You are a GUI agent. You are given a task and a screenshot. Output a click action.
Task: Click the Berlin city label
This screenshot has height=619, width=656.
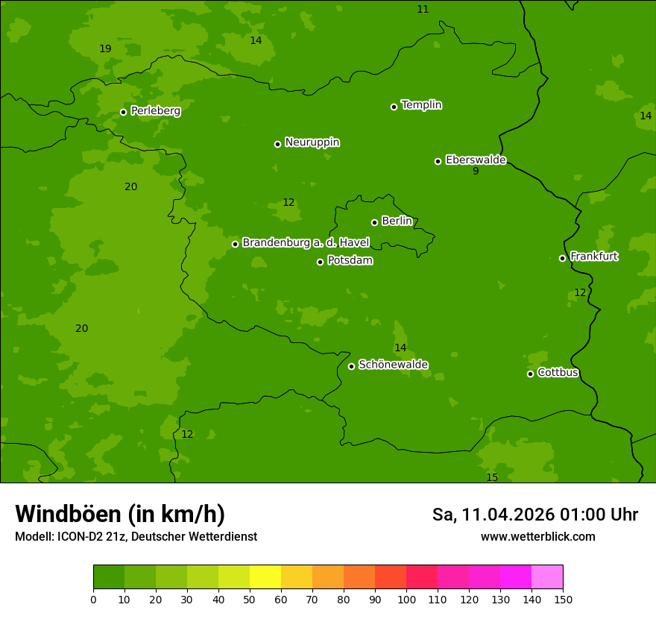[397, 221]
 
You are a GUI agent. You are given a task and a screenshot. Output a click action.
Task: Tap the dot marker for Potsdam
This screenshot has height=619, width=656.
[321, 262]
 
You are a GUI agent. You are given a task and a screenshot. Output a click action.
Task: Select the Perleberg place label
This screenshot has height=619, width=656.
[155, 111]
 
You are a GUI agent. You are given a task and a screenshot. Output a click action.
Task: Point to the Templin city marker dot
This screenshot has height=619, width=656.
[394, 107]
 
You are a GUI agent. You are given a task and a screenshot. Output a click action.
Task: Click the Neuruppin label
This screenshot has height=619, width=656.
[312, 142]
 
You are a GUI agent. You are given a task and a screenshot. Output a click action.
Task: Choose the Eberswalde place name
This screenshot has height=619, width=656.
[476, 160]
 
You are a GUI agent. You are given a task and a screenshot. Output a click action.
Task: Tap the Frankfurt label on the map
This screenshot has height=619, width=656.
[593, 257]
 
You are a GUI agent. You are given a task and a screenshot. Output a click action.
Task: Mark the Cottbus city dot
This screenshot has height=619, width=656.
[530, 374]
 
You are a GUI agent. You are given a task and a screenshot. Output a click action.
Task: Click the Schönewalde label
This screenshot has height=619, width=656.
[393, 365]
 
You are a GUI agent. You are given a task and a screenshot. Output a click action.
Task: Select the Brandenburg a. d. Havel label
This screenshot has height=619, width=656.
[306, 243]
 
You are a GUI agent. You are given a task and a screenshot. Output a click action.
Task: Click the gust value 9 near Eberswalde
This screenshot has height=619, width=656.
[476, 171]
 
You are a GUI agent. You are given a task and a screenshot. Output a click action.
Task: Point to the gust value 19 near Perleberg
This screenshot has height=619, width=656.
[105, 49]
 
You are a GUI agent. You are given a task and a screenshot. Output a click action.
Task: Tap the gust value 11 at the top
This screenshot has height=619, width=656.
[423, 10]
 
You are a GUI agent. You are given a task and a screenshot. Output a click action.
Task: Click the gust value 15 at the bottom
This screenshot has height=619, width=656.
[492, 477]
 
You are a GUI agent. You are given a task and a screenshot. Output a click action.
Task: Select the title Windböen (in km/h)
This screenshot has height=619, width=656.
[120, 514]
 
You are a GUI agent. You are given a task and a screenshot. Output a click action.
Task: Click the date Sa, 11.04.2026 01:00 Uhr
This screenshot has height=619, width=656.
[534, 515]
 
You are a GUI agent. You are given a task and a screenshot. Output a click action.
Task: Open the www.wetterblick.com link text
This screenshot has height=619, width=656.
[537, 536]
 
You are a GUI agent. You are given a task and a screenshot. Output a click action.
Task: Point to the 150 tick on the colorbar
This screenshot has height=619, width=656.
[563, 599]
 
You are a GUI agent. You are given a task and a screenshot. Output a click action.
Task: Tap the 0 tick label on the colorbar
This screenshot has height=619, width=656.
[93, 599]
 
